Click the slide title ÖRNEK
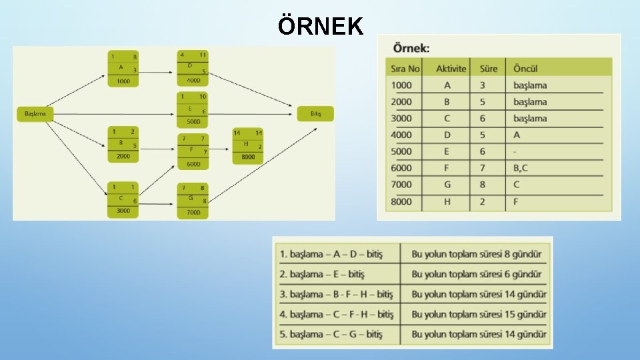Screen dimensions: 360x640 [321, 27]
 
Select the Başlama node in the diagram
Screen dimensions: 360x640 [35, 114]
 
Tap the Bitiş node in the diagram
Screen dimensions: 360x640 [316, 114]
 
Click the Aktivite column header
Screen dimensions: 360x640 [451, 69]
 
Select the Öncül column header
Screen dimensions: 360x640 [525, 69]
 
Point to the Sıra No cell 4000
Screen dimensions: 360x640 [401, 135]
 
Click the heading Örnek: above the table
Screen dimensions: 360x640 [411, 48]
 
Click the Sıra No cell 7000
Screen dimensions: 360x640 [401, 185]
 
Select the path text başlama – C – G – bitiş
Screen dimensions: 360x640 [333, 334]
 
